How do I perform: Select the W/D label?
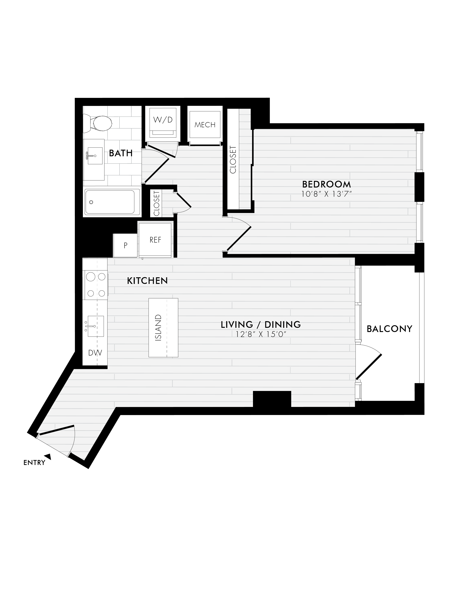pos(163,120)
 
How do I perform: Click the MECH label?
pos(205,125)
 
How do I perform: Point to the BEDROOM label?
pos(327,184)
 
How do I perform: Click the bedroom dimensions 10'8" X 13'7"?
pos(327,194)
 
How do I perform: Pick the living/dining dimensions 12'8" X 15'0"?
pos(261,334)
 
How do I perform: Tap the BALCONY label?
pos(389,329)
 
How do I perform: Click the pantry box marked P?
pos(125,246)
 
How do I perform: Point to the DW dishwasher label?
pos(95,353)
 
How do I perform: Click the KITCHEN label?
pos(147,281)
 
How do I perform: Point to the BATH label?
pos(121,153)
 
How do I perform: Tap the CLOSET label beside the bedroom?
pos(233,160)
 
